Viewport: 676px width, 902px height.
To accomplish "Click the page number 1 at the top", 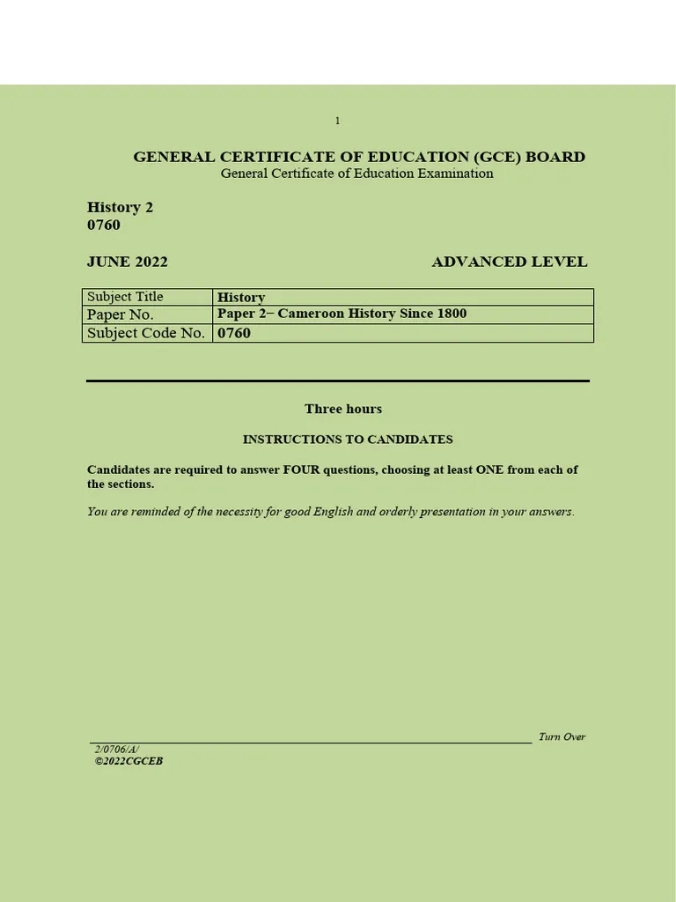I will tap(337, 121).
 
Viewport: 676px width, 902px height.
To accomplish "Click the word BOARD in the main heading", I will tap(555, 157).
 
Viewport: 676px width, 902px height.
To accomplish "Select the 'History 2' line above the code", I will tap(120, 207).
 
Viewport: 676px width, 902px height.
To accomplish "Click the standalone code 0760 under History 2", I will tap(104, 225).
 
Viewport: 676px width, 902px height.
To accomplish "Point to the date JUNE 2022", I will tap(127, 262).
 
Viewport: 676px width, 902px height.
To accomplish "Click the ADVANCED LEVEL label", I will tap(509, 262).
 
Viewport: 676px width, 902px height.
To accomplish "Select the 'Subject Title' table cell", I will tap(125, 297).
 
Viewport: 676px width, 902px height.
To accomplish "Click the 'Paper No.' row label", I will tap(121, 314).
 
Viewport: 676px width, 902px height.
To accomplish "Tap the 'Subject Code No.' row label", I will tap(146, 333).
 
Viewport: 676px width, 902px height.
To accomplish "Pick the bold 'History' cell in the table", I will tap(241, 298).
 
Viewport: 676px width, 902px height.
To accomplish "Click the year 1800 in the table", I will tap(451, 314).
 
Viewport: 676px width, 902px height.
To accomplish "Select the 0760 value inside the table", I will tap(234, 333).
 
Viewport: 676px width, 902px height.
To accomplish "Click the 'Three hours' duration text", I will tap(343, 409).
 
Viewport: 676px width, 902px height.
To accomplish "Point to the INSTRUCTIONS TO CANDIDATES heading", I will tap(348, 439).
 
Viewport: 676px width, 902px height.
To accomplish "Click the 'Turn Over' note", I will tap(562, 736).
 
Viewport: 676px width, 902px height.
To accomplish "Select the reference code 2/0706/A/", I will tap(116, 749).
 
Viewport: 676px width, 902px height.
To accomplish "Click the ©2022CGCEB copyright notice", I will tap(129, 761).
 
